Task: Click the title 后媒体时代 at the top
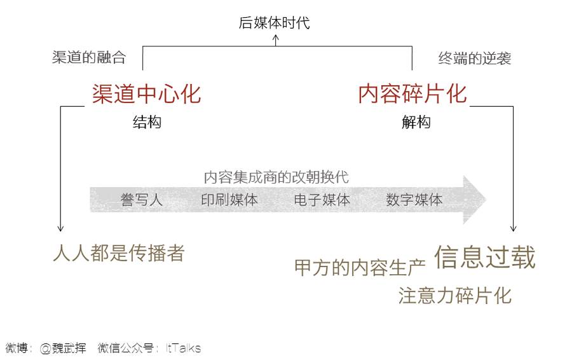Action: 274,24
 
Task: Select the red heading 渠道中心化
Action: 146,94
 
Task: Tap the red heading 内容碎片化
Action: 412,94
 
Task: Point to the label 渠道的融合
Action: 89,57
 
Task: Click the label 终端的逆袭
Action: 475,59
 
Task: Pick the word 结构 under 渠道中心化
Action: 147,122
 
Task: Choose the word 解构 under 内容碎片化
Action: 416,122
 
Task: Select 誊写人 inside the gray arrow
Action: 142,200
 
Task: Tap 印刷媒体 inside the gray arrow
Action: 229,200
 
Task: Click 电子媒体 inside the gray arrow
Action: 322,200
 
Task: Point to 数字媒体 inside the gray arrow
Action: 414,200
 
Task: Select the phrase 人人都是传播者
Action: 118,253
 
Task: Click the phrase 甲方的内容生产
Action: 360,268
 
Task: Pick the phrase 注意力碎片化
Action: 454,296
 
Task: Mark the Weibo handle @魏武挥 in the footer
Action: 63,348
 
